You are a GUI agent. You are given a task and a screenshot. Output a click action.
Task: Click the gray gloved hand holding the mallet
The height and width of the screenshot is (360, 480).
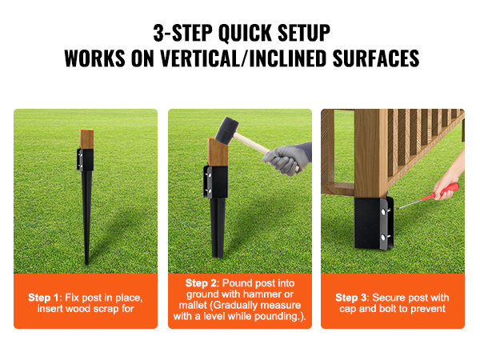pyautogui.click(x=283, y=161)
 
